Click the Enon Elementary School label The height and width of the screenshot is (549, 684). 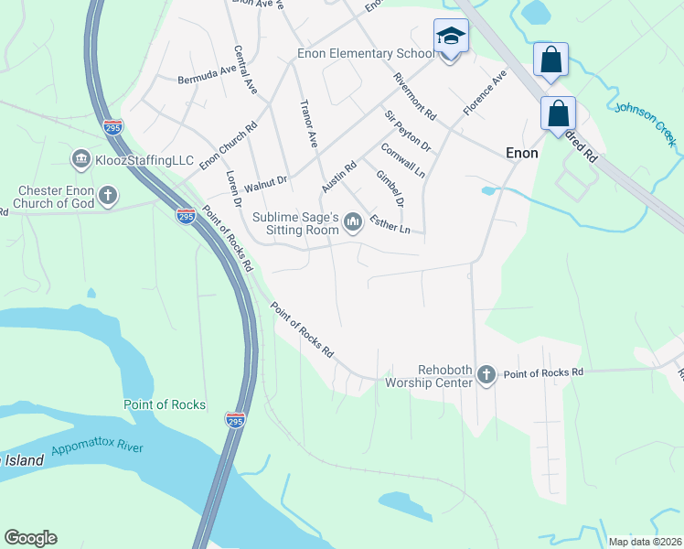click(x=366, y=54)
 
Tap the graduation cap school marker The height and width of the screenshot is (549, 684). click(x=449, y=37)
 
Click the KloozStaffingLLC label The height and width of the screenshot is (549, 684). click(x=145, y=160)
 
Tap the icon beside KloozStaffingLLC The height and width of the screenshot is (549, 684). click(x=80, y=160)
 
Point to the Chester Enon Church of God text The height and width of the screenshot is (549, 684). click(x=56, y=197)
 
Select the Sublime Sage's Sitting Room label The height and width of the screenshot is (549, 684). click(x=295, y=222)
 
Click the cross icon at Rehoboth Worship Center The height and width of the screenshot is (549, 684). click(x=486, y=374)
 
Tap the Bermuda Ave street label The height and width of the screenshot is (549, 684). click(x=208, y=73)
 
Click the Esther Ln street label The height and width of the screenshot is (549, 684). click(x=390, y=222)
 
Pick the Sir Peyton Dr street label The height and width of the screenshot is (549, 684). click(x=407, y=131)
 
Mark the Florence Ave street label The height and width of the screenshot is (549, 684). click(x=484, y=94)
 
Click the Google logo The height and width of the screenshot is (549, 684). click(x=30, y=538)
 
